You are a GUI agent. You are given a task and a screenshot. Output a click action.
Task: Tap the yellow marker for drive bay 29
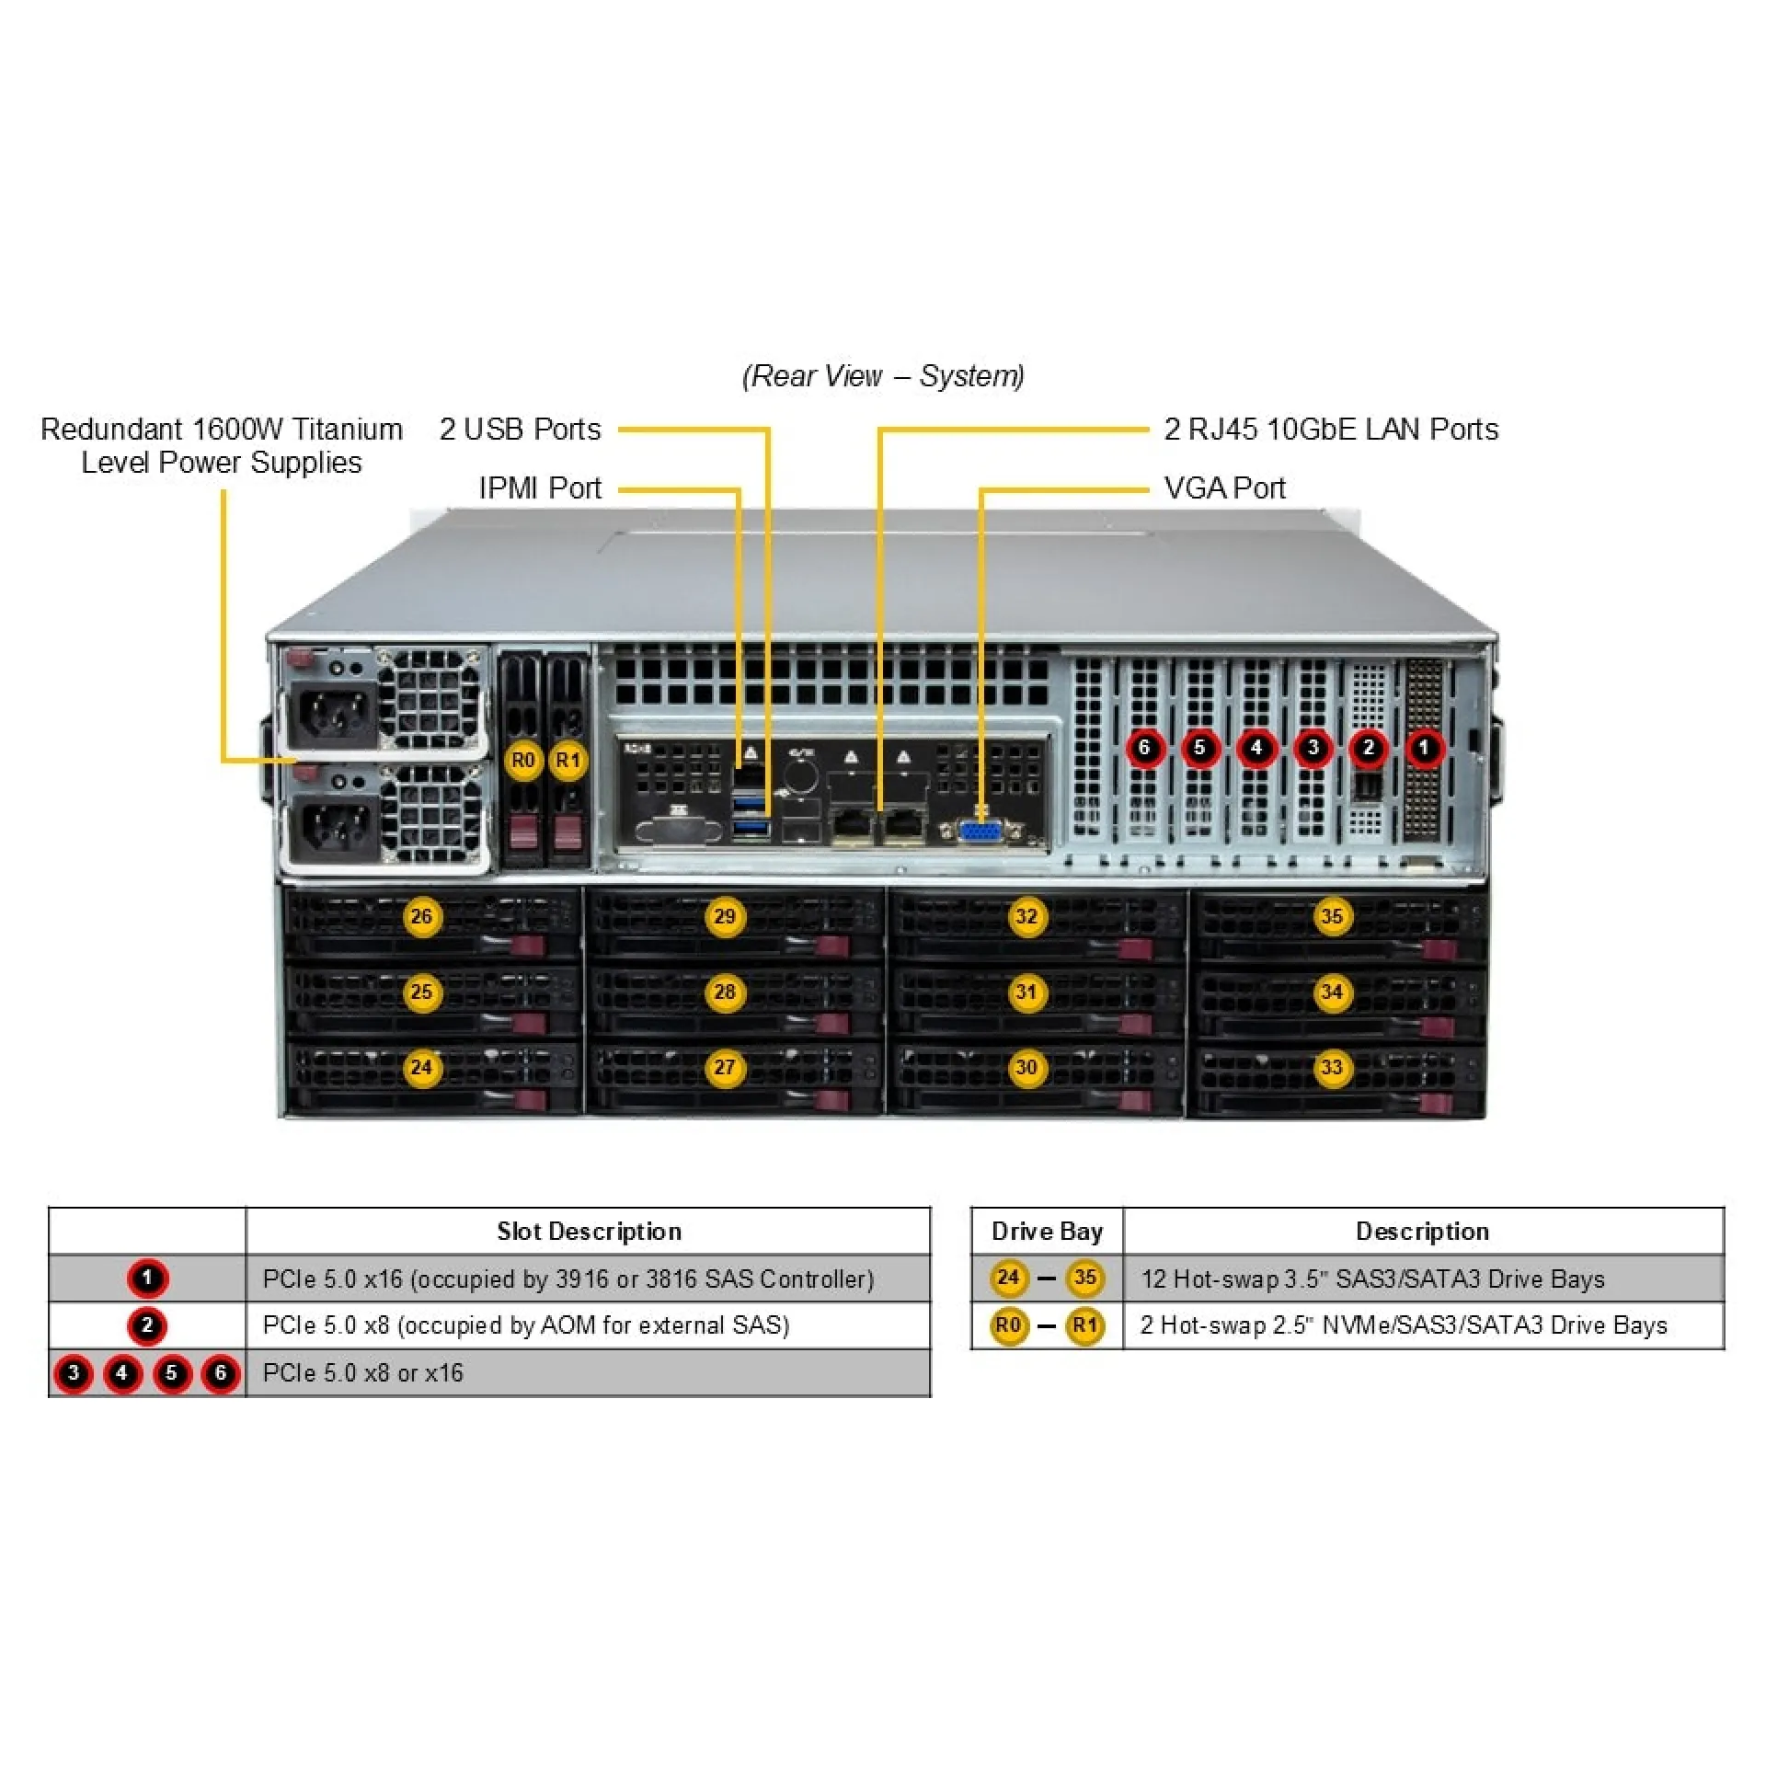coord(724,916)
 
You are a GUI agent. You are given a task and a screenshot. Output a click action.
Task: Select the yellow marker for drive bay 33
coord(1331,1068)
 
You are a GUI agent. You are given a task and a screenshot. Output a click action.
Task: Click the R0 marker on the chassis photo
coord(523,761)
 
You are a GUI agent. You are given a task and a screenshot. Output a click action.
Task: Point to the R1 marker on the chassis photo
coord(568,761)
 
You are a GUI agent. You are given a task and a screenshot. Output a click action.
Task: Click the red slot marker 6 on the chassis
coord(1144,747)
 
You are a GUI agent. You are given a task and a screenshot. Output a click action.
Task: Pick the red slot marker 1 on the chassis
coord(1424,747)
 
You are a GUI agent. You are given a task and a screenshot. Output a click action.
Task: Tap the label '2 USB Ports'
coord(520,430)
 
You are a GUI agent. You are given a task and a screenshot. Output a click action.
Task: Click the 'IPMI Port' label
coord(540,488)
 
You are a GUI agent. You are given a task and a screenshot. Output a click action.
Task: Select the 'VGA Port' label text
coord(1224,488)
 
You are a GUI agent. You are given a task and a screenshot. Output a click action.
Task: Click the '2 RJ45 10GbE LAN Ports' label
coord(1331,430)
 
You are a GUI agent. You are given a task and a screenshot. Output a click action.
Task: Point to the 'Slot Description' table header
coord(589,1232)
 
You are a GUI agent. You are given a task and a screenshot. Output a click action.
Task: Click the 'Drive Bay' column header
coord(1047,1232)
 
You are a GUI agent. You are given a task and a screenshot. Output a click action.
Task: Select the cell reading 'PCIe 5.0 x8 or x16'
coord(363,1373)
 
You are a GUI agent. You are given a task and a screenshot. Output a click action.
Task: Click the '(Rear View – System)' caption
coord(883,376)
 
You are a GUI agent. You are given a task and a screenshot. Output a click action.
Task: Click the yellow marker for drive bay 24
coord(421,1068)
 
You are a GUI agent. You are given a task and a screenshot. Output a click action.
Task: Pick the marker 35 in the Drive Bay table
coord(1084,1278)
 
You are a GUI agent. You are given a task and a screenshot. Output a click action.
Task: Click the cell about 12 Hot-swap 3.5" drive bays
coord(1372,1279)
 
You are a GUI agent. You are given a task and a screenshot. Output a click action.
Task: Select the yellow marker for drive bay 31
coord(1026,992)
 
